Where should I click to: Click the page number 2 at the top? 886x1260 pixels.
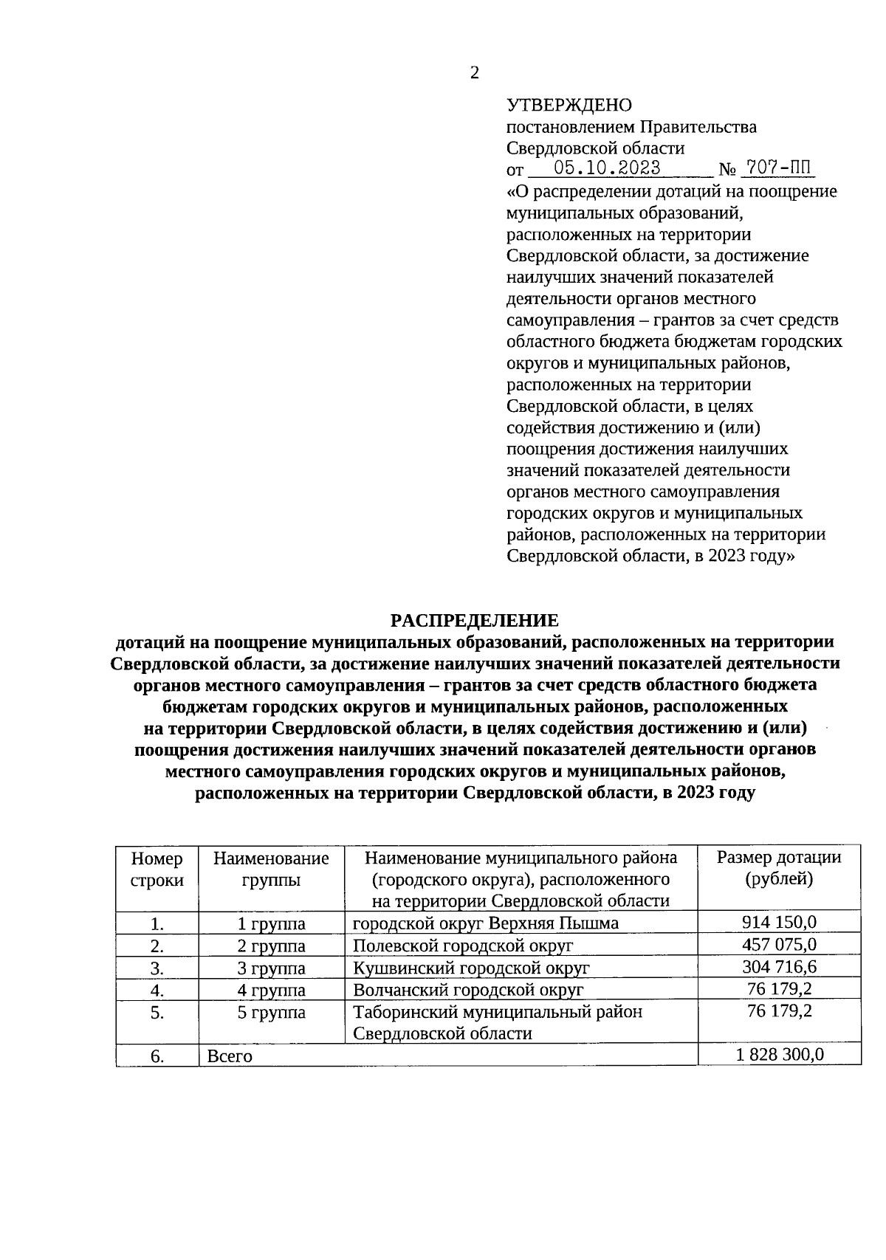click(x=474, y=72)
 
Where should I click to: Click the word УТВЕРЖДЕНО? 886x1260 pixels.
click(x=569, y=106)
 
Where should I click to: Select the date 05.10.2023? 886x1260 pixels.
click(x=607, y=168)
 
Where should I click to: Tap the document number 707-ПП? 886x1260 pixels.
click(x=777, y=168)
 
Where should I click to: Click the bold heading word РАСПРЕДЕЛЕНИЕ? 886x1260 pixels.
click(x=475, y=620)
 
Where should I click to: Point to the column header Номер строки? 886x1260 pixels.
click(x=157, y=869)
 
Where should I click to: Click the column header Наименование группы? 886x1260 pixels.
click(x=271, y=869)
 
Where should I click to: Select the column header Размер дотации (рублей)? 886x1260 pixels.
click(x=779, y=868)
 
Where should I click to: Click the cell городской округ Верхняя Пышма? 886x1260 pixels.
click(x=486, y=923)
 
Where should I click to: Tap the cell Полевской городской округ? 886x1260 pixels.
click(x=463, y=946)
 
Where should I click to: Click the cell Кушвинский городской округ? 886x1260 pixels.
click(x=471, y=968)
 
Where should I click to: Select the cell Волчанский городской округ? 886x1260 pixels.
click(x=468, y=990)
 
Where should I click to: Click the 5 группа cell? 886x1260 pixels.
click(x=271, y=1012)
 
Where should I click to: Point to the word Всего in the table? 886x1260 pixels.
click(x=230, y=1056)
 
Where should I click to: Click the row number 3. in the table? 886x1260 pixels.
click(x=157, y=968)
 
